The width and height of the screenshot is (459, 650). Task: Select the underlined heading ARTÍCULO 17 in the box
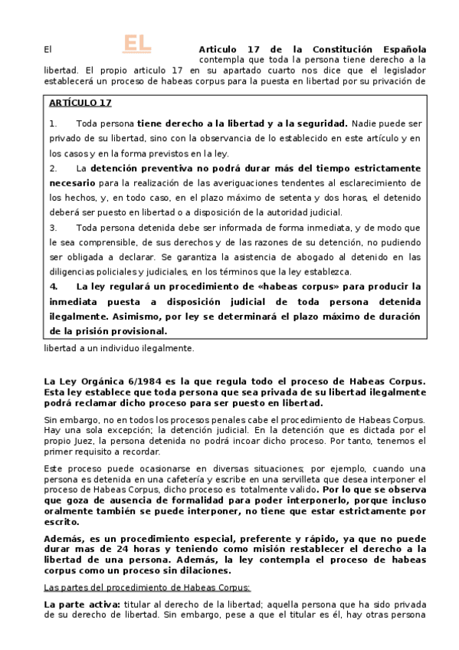point(80,103)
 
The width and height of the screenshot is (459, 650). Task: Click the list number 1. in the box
point(53,123)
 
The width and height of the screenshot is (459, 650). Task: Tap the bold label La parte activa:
point(79,606)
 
